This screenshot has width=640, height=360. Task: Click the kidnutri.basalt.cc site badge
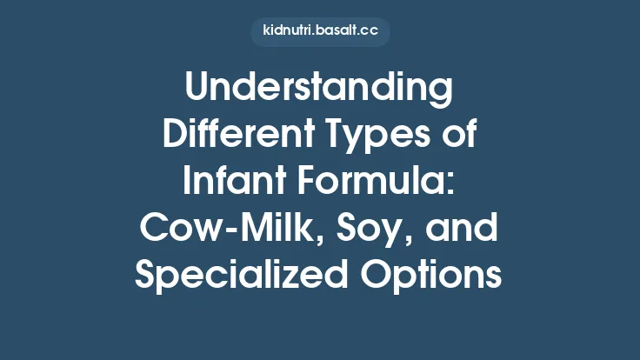320,32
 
